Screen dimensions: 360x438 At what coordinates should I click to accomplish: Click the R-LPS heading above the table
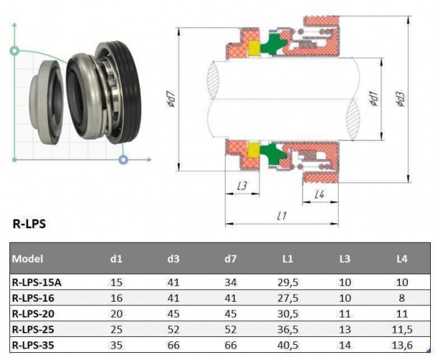(x=29, y=223)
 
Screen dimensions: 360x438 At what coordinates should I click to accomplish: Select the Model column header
(x=28, y=258)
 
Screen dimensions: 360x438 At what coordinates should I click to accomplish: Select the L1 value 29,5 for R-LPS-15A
(x=289, y=282)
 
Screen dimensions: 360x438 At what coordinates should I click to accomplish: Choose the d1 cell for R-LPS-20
(x=117, y=314)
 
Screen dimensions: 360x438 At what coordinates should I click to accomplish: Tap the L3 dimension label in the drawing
(x=242, y=186)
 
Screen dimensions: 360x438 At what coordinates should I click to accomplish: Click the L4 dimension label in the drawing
(x=320, y=194)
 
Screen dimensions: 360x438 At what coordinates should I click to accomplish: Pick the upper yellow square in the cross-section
(x=253, y=49)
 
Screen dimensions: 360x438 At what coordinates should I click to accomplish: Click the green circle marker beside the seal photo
(x=14, y=51)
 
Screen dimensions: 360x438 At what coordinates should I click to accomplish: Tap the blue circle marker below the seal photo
(x=124, y=158)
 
